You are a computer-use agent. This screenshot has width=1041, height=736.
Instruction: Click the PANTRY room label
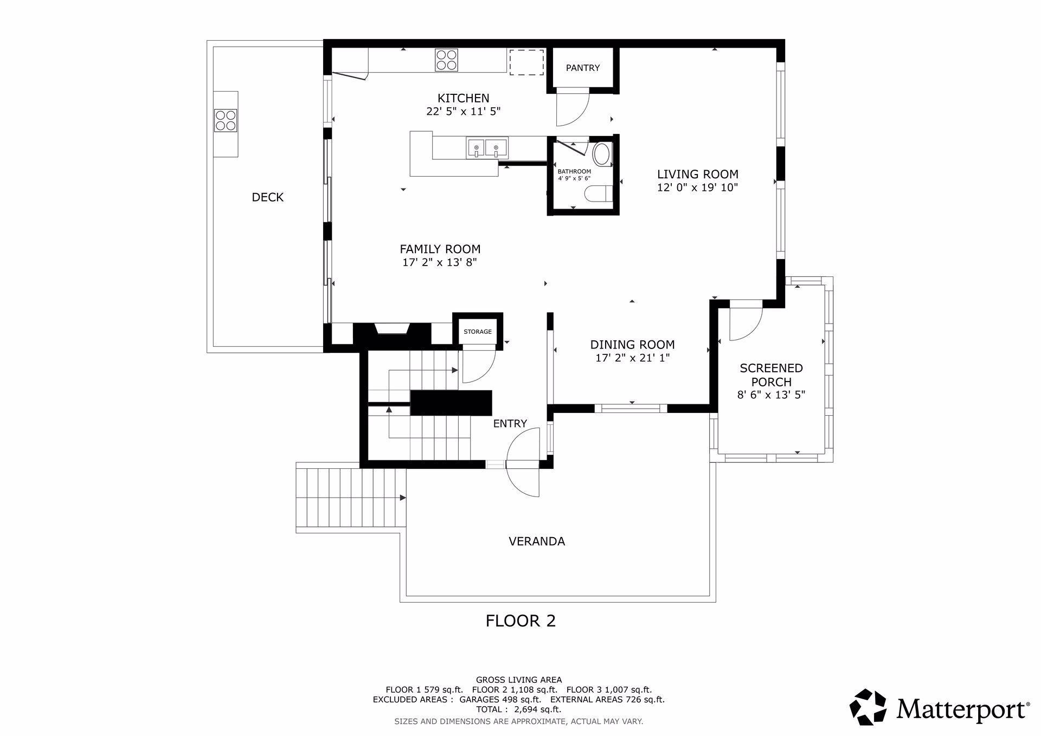(583, 68)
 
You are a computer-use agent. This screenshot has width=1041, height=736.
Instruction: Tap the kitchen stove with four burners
(446, 60)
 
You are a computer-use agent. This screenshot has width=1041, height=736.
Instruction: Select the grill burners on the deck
(226, 120)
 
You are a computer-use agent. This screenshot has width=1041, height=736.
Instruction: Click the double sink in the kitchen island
(486, 147)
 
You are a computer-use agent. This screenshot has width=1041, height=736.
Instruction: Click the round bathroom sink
(602, 154)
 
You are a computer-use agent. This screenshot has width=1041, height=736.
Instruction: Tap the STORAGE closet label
(478, 332)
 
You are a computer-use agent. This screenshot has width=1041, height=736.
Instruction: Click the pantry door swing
(573, 107)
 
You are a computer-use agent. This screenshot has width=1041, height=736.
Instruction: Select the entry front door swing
(524, 462)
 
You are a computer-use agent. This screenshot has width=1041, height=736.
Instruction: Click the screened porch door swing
(746, 324)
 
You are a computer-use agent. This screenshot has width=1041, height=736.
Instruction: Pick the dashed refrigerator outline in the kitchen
(526, 62)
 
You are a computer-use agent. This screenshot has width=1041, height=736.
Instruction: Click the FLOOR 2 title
(520, 621)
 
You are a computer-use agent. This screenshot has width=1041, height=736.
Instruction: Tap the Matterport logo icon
(868, 707)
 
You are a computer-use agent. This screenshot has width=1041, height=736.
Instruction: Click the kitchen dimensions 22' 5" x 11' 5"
(464, 112)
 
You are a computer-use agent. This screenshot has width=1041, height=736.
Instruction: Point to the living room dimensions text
(698, 188)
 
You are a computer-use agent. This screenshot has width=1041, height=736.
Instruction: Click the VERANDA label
(537, 541)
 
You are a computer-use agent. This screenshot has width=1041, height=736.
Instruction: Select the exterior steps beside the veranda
(351, 498)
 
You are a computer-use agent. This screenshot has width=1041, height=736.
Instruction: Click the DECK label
(268, 197)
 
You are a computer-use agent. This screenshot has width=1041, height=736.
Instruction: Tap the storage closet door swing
(478, 367)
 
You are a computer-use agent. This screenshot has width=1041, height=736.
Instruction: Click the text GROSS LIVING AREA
(519, 680)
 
